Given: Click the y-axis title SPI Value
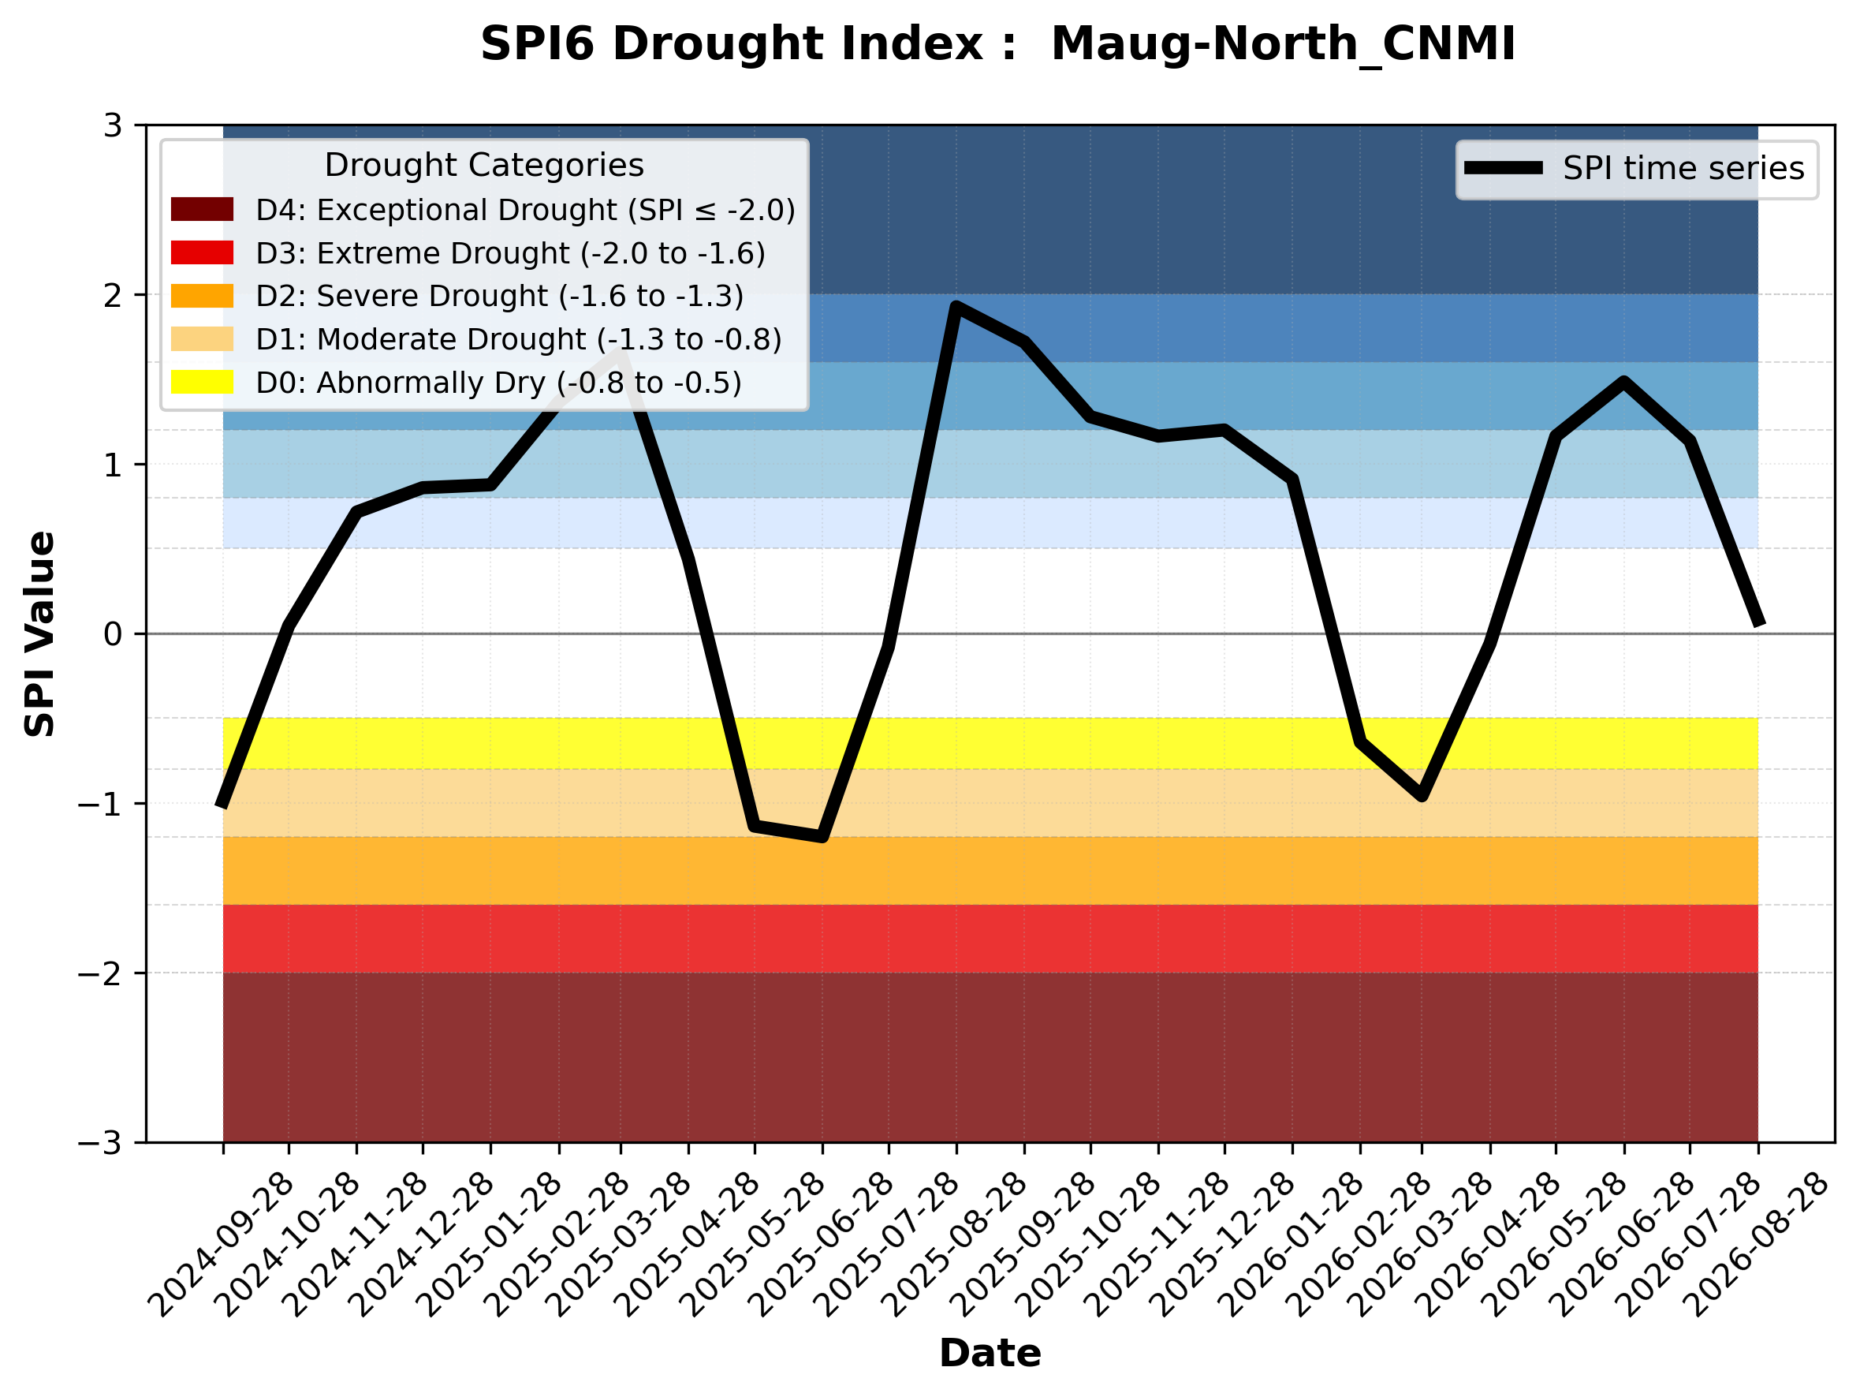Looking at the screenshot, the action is coord(39,634).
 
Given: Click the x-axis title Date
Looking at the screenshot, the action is coord(990,1354).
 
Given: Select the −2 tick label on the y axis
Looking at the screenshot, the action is coord(100,973).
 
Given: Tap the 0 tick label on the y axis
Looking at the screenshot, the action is coord(113,634).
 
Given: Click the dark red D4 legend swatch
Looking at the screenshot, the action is coord(202,209).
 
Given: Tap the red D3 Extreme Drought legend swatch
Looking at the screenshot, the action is coord(202,252).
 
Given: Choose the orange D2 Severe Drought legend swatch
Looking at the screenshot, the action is coord(202,296).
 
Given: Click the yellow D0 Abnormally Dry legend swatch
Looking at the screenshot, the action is coord(202,382).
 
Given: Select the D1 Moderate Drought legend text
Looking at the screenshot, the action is coord(519,339).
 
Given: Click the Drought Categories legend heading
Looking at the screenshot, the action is coord(484,166).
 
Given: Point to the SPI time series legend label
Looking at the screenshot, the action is coord(1683,168).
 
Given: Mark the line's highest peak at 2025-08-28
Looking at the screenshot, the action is coord(956,306).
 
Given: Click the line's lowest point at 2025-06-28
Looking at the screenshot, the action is coord(822,837).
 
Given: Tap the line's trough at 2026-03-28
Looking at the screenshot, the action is coord(1422,796).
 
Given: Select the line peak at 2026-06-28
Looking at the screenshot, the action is coord(1623,382).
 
